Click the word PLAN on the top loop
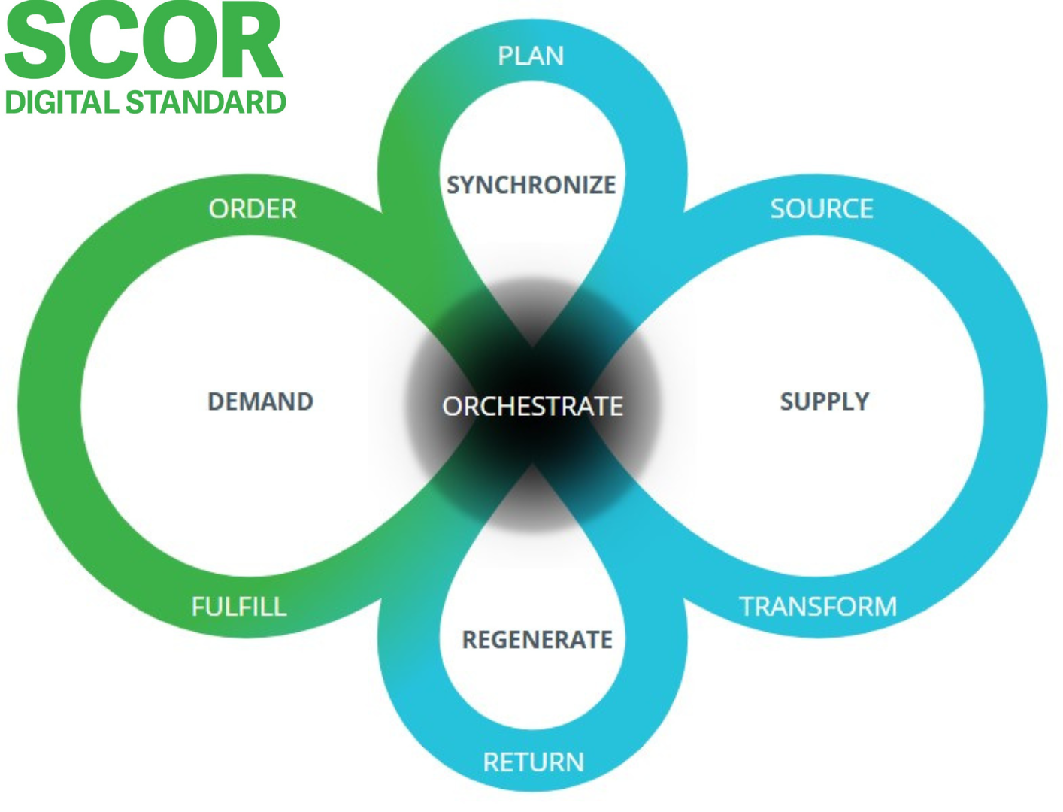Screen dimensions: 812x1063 pos(531,56)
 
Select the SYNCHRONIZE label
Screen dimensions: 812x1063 pos(531,184)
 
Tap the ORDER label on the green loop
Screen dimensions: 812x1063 pos(253,208)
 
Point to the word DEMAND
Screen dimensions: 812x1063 pos(260,401)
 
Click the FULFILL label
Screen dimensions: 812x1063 pos(239,606)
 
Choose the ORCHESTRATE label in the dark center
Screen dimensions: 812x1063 pos(532,406)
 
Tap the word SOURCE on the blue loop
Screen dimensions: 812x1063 pos(822,208)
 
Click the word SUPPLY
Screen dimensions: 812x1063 pos(824,401)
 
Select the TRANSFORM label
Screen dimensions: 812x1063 pos(818,606)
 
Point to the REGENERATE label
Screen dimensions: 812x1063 pos(537,640)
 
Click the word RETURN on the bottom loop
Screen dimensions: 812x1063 pos(533,762)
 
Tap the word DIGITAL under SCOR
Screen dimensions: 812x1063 pos(62,102)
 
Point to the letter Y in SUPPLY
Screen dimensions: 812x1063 pos(860,401)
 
